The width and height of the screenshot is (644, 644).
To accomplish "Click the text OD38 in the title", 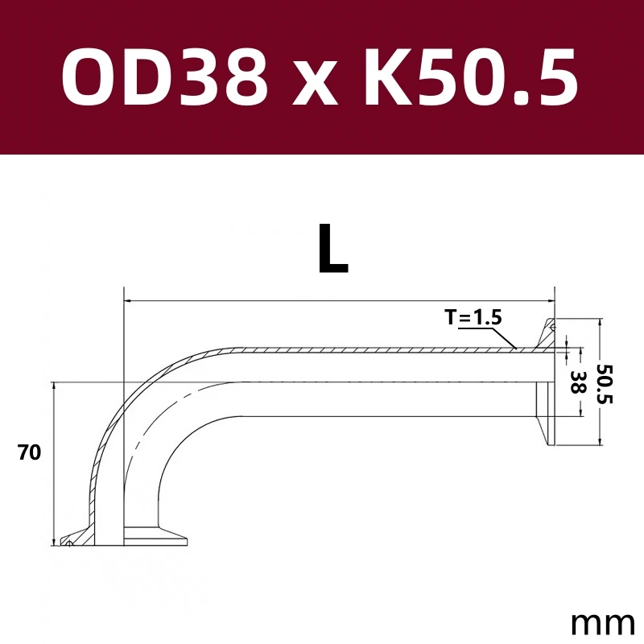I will pyautogui.click(x=164, y=77).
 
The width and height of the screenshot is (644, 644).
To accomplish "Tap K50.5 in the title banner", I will pyautogui.click(x=471, y=77).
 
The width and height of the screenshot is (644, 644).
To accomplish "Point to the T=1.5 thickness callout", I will pyautogui.click(x=473, y=317).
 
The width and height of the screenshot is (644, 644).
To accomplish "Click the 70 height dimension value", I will pyautogui.click(x=29, y=453).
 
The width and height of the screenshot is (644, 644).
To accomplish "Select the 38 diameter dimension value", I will pyautogui.click(x=576, y=383).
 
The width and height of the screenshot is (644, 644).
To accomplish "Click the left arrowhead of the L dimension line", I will pyautogui.click(x=127, y=302).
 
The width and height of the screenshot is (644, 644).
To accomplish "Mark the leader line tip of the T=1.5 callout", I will pyautogui.click(x=515, y=349).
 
